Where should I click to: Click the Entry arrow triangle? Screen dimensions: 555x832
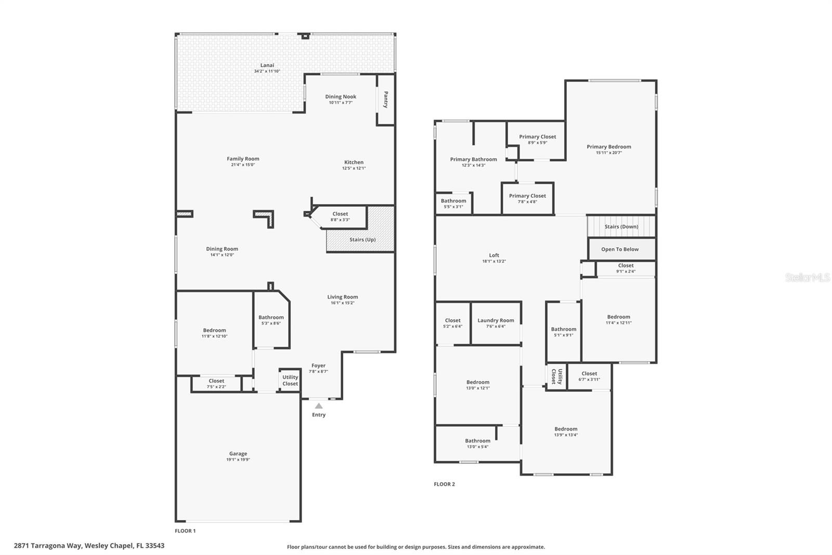318,406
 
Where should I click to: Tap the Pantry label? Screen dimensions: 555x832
386,99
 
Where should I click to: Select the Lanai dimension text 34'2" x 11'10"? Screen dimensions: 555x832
267,71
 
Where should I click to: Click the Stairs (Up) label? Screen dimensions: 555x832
362,239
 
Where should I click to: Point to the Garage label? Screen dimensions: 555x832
238,453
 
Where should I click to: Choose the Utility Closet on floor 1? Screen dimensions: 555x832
290,381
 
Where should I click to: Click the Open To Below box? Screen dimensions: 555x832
620,249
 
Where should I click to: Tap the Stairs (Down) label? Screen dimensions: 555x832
621,226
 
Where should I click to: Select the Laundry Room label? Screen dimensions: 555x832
496,320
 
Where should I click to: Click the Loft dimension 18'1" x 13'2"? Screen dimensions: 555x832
494,261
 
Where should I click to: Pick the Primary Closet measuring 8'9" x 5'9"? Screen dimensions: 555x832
537,139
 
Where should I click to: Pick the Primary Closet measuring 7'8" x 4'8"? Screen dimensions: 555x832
527,198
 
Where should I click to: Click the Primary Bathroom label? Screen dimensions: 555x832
473,159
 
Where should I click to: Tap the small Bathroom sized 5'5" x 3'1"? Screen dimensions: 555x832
453,203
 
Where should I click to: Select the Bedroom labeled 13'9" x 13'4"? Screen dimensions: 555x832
566,432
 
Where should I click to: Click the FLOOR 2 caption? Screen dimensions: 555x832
445,484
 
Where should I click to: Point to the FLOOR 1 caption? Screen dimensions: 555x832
185,531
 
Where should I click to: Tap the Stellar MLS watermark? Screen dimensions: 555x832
807,277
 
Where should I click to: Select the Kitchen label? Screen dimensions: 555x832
354,162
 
